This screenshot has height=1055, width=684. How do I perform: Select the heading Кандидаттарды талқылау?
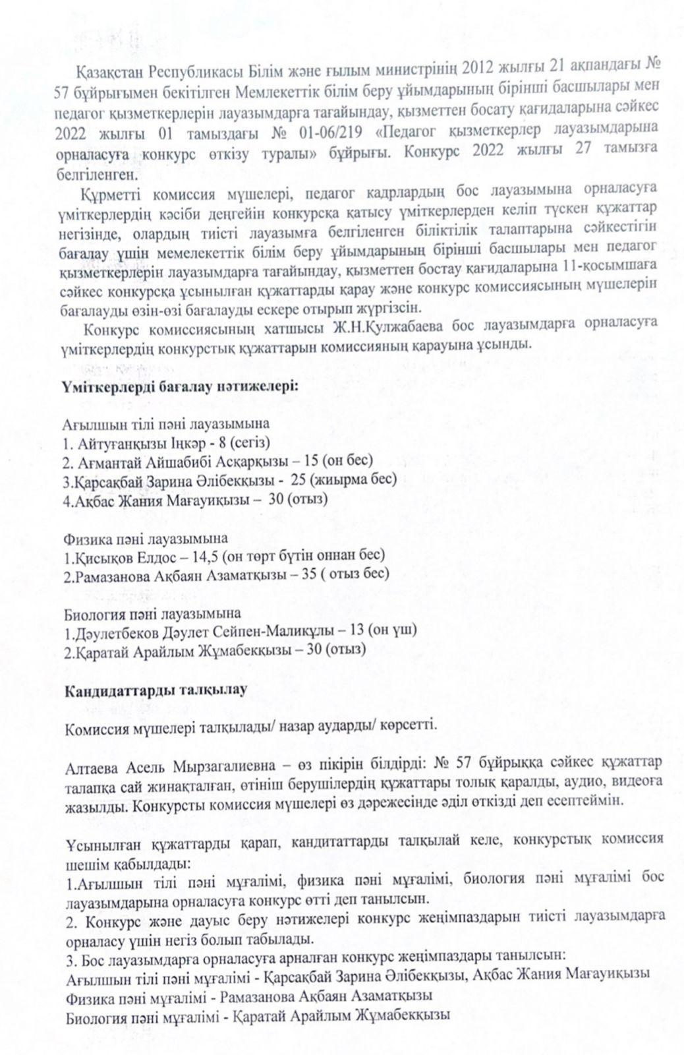156,690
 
